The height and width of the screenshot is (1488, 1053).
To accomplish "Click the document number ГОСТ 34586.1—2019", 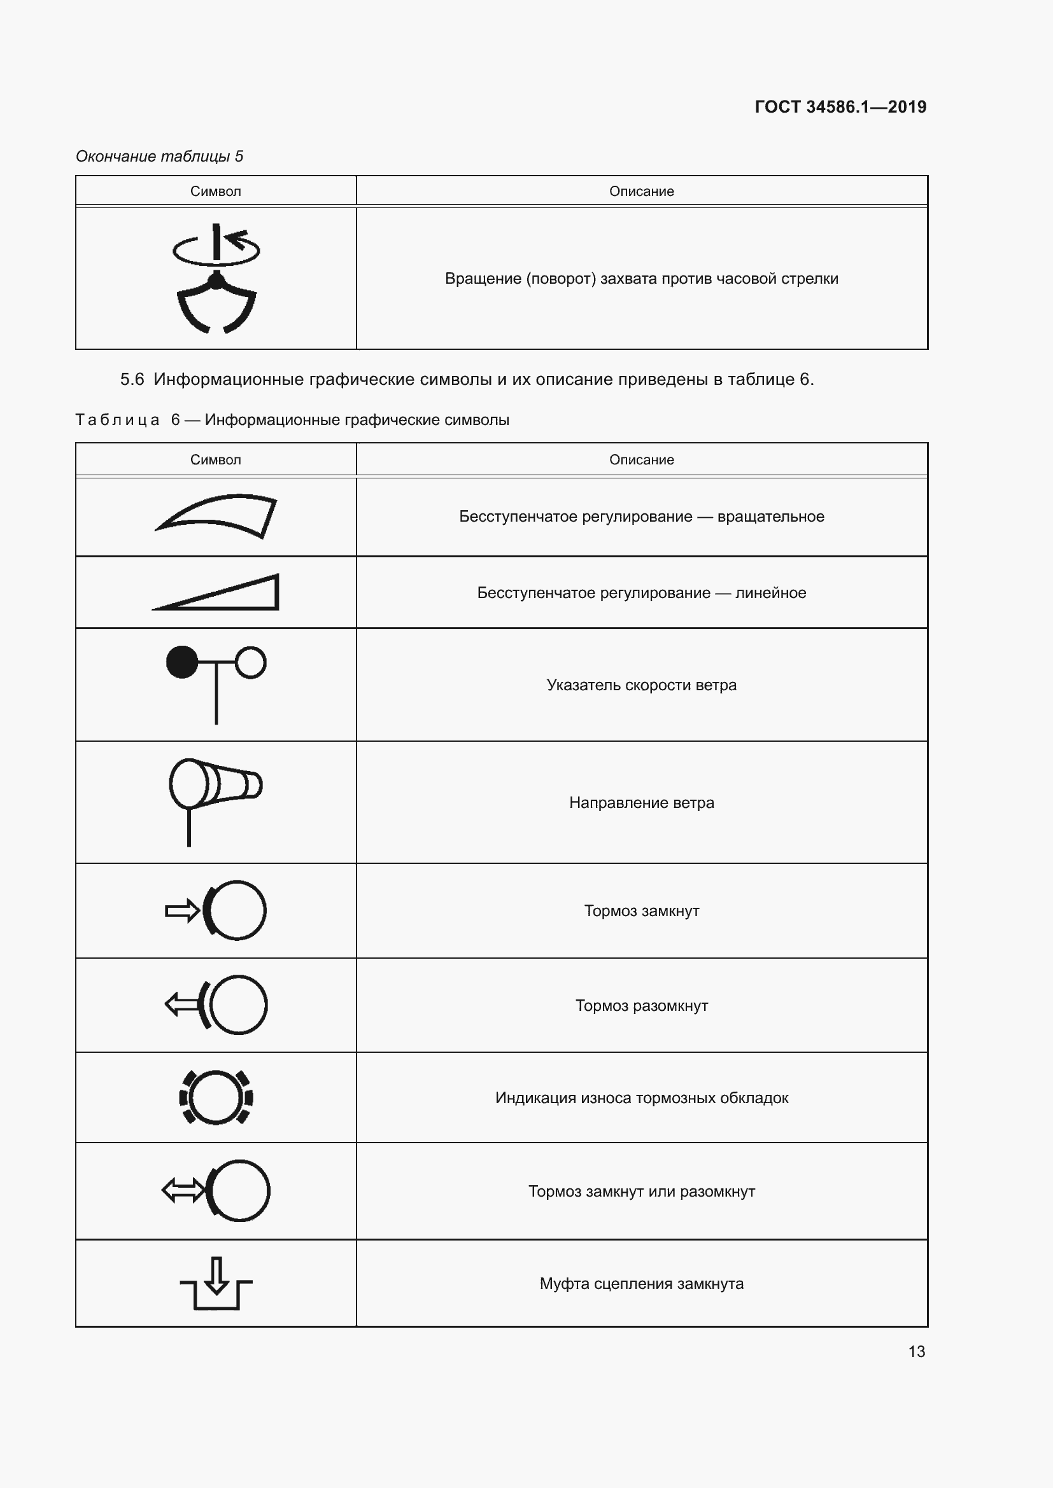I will pyautogui.click(x=840, y=107).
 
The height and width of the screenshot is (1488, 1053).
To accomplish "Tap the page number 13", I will pyautogui.click(x=916, y=1351).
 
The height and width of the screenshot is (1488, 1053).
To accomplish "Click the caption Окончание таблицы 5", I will pyautogui.click(x=160, y=156).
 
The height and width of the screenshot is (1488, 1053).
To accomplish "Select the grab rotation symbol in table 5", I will pyautogui.click(x=216, y=279).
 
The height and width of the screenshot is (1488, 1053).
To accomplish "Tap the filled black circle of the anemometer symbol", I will pyautogui.click(x=182, y=662).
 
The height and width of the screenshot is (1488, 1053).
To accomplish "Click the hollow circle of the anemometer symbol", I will pyautogui.click(x=250, y=662).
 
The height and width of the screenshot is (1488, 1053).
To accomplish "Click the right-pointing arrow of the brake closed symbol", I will pyautogui.click(x=182, y=910).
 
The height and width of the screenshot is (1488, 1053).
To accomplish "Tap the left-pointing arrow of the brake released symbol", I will pyautogui.click(x=181, y=1005).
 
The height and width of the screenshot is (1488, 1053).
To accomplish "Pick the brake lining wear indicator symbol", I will pyautogui.click(x=216, y=1097).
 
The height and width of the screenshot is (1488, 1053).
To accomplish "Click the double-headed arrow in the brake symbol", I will pyautogui.click(x=183, y=1190).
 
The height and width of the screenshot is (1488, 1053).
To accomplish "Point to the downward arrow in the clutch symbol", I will pyautogui.click(x=216, y=1276).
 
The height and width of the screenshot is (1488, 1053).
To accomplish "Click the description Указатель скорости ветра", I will pyautogui.click(x=641, y=685).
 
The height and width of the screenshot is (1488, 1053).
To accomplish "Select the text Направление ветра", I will pyautogui.click(x=641, y=802).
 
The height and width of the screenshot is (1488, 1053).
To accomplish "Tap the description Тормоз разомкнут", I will pyautogui.click(x=641, y=1005).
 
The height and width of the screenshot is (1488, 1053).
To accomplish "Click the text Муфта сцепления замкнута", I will pyautogui.click(x=641, y=1283).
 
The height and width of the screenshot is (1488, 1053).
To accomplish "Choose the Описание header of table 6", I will pyautogui.click(x=641, y=459).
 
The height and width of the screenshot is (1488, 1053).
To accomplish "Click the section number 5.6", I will pyautogui.click(x=132, y=379).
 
